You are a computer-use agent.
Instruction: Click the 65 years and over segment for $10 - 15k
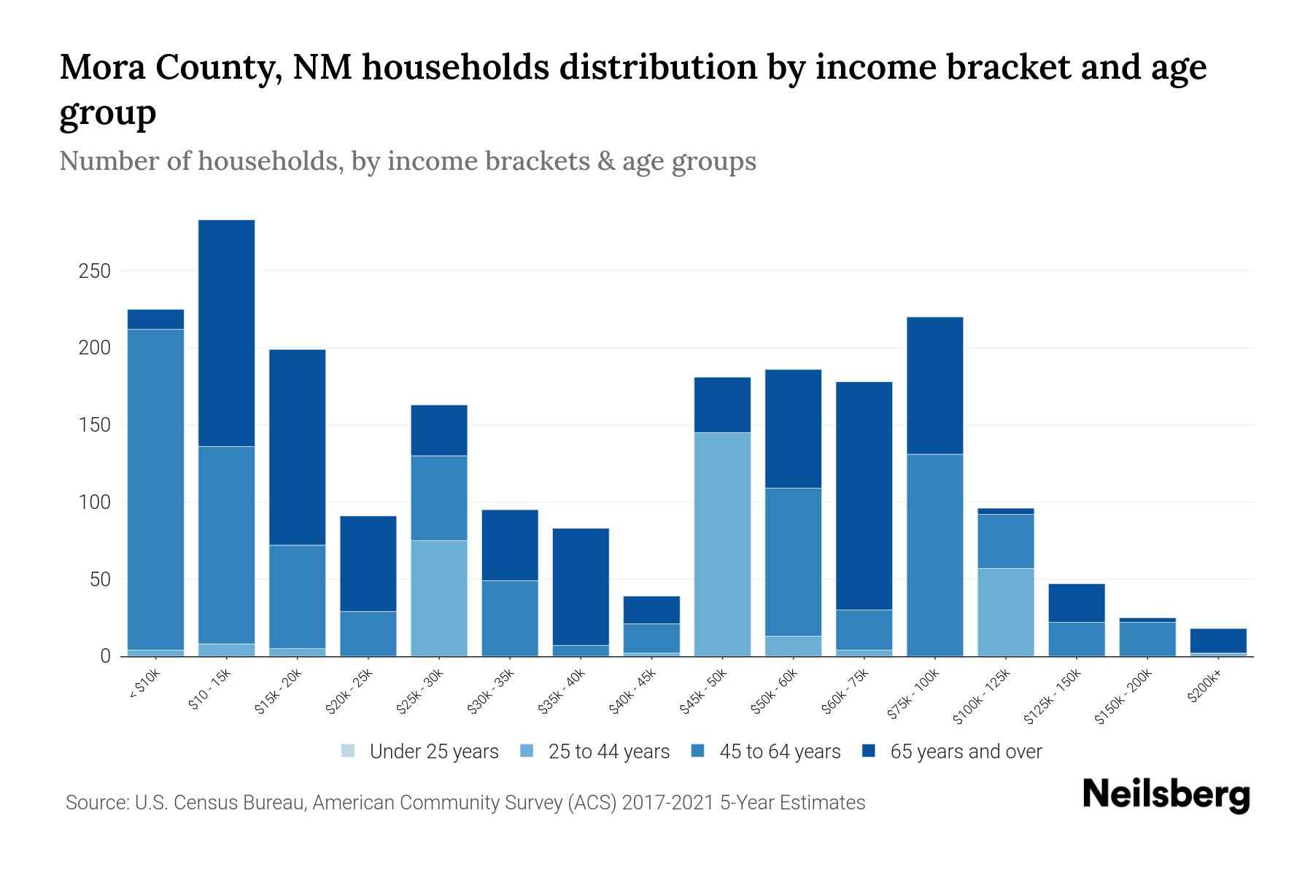[x=227, y=332]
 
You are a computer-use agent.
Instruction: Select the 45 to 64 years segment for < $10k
[x=155, y=489]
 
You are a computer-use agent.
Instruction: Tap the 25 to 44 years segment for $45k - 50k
[x=722, y=544]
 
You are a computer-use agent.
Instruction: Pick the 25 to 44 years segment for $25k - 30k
[x=439, y=598]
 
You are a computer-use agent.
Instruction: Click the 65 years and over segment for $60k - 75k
[x=864, y=496]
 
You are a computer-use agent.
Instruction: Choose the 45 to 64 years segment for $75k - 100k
[x=934, y=555]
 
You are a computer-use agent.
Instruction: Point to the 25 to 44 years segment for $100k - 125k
[x=1005, y=612]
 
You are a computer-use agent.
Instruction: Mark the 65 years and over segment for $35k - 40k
[x=581, y=586]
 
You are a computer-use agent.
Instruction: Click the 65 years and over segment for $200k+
[x=1218, y=640]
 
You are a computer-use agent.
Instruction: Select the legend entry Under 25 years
[x=434, y=752]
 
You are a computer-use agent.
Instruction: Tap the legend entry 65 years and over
[x=966, y=752]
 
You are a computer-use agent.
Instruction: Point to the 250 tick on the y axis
[x=94, y=271]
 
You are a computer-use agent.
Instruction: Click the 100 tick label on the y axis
[x=94, y=502]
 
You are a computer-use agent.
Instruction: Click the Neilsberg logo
[x=1166, y=795]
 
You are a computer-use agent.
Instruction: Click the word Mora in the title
[x=101, y=68]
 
